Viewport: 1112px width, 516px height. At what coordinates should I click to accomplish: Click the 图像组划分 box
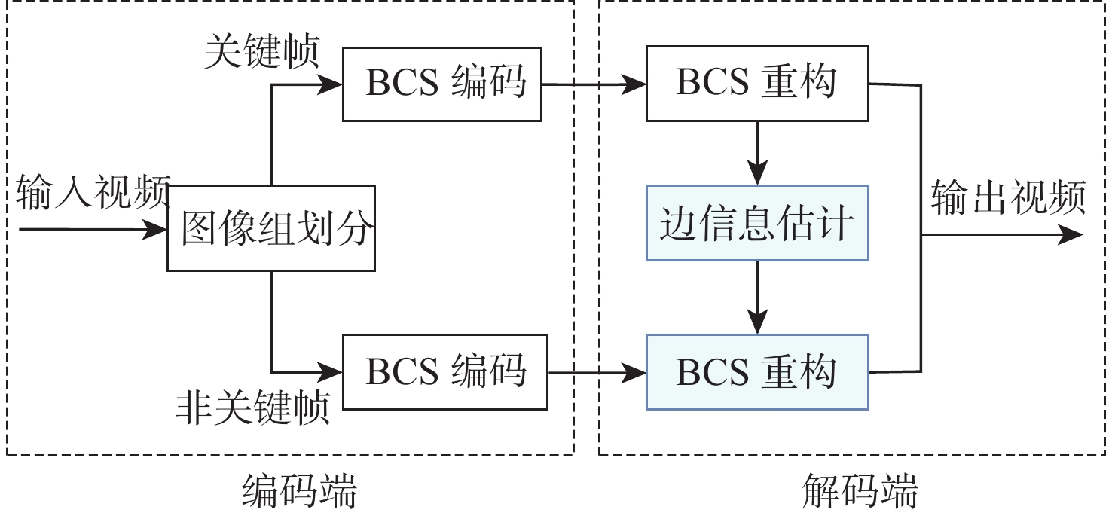point(270,228)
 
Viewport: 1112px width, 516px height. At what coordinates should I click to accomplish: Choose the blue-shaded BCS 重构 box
point(757,372)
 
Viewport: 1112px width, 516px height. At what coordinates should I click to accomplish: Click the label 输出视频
point(1009,198)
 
